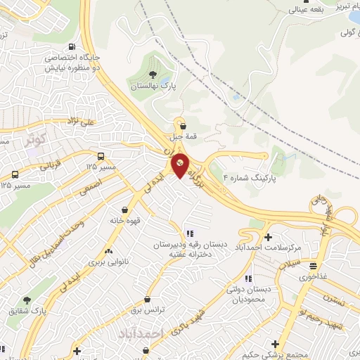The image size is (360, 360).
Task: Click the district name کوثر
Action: [x=34, y=139]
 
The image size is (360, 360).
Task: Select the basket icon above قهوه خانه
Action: [x=124, y=210]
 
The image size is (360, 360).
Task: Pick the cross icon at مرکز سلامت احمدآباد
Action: [x=268, y=236]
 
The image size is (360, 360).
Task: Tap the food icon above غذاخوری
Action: [x=313, y=265]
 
